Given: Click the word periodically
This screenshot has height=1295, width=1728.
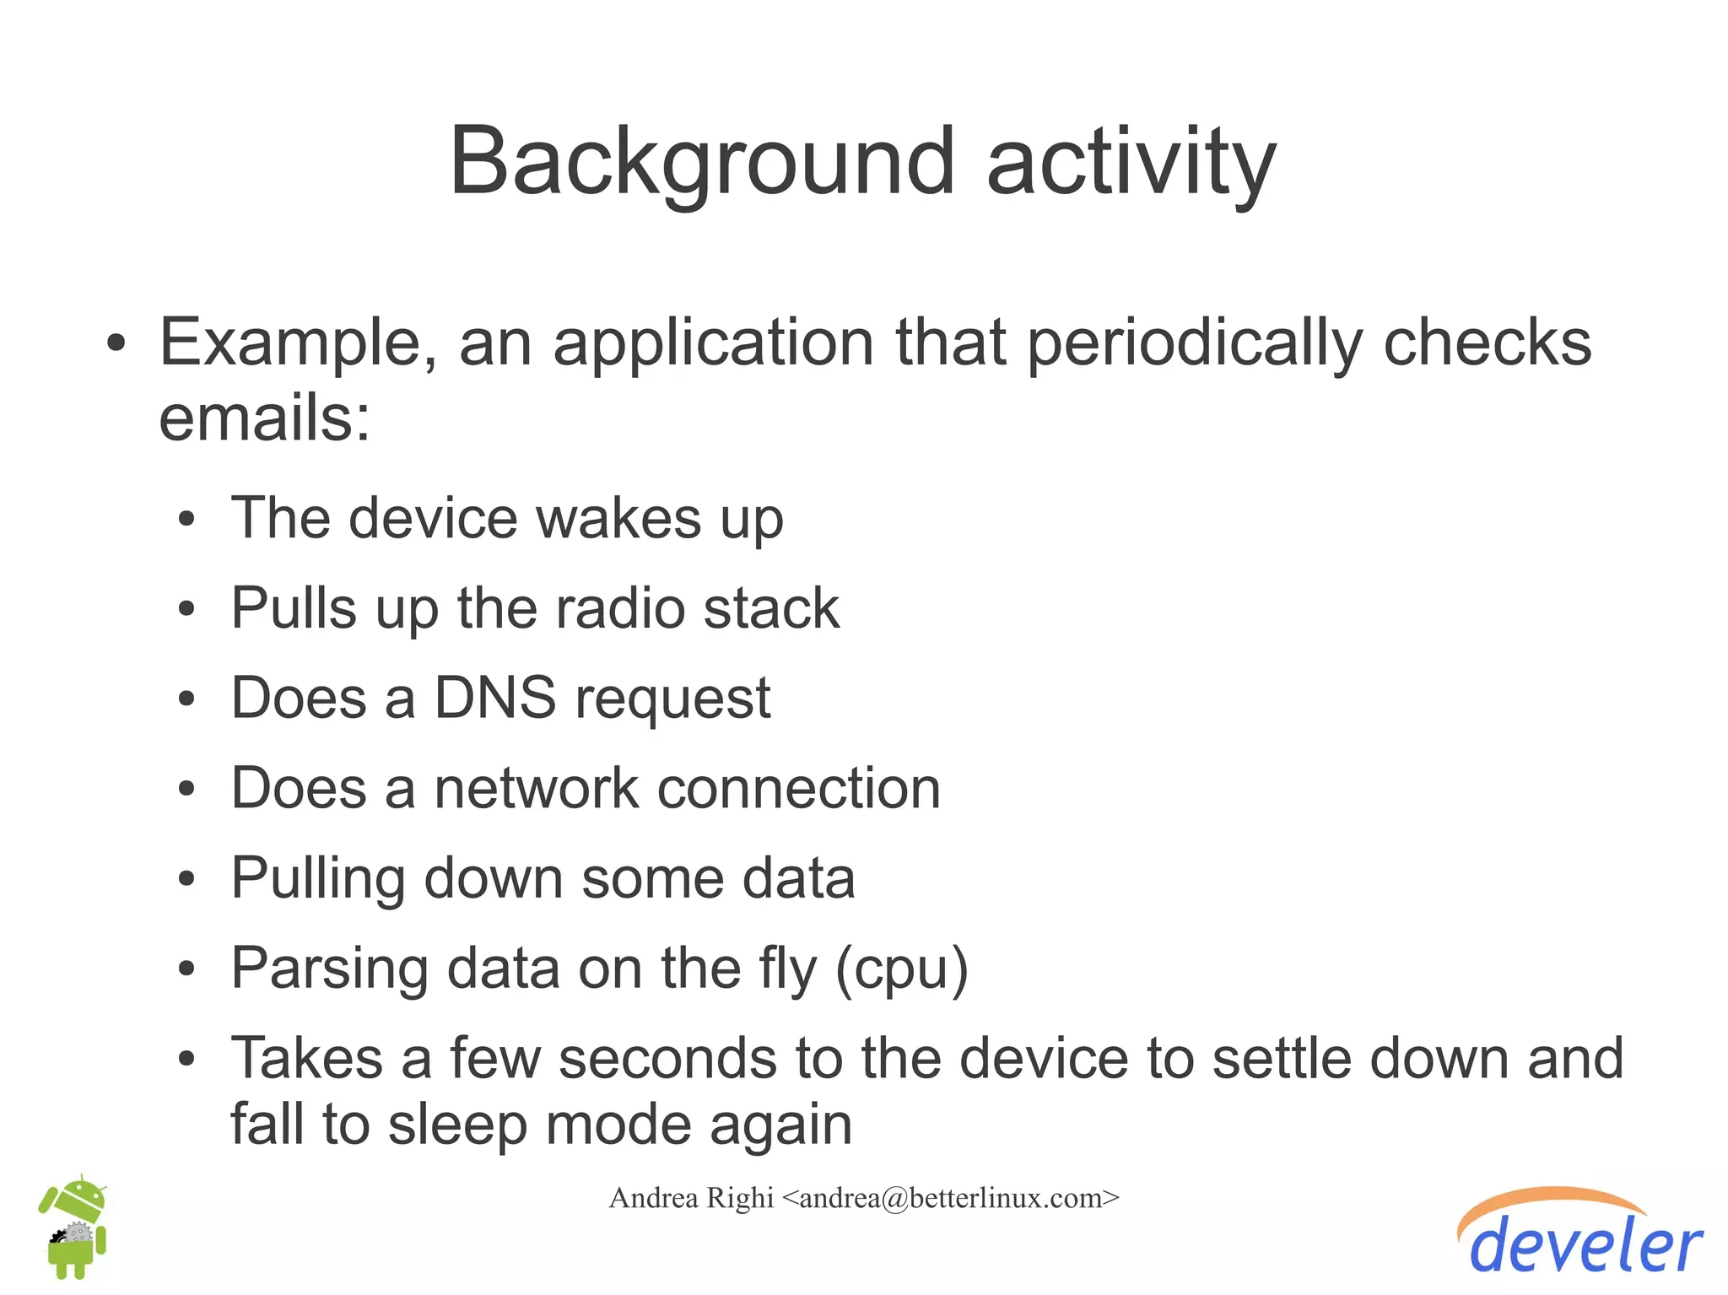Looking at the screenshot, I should (1194, 344).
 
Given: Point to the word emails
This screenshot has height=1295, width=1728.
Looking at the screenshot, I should (264, 418).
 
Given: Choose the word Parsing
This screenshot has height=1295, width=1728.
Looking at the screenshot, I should (329, 969).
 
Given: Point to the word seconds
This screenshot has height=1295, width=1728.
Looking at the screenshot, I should (700, 1058).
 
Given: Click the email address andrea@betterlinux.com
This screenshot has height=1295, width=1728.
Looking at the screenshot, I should (951, 1198).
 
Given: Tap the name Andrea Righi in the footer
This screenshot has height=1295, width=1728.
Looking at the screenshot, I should (691, 1198).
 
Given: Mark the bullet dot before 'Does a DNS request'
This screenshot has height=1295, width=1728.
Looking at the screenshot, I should (186, 699).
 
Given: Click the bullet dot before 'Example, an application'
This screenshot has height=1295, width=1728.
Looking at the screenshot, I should (116, 344).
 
